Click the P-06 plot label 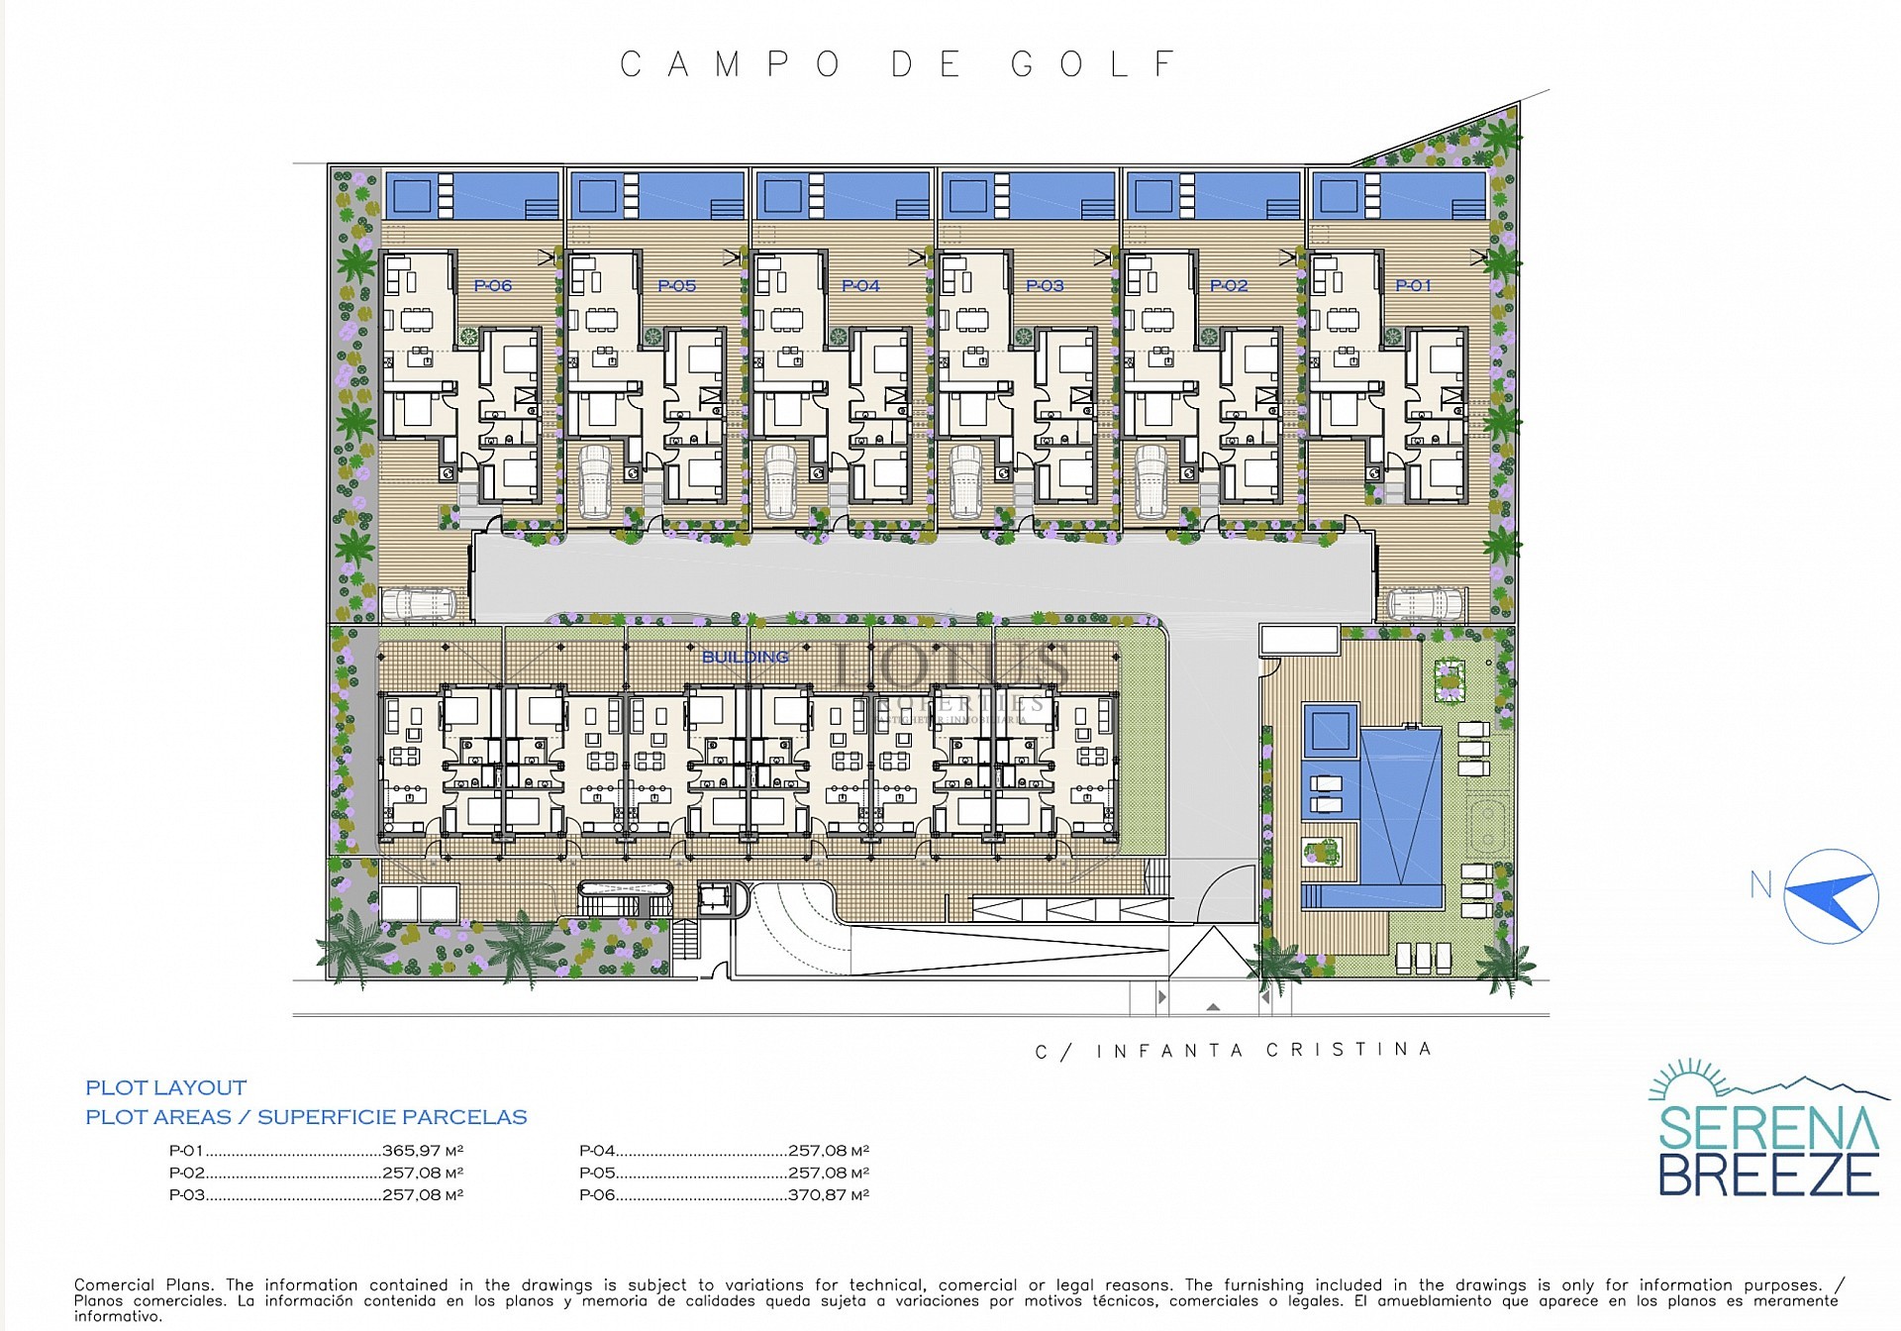492,285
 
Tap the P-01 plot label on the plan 1413,285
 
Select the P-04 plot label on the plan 860,285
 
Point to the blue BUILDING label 745,657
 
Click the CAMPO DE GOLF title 898,65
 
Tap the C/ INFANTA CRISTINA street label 1233,1050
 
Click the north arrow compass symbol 1831,896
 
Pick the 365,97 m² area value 423,1151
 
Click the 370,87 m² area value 829,1194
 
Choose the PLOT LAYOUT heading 165,1087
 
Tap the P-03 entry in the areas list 187,1194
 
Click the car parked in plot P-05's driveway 595,481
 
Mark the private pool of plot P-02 1213,195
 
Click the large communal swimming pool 1400,802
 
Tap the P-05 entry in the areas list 597,1173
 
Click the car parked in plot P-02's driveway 1151,481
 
